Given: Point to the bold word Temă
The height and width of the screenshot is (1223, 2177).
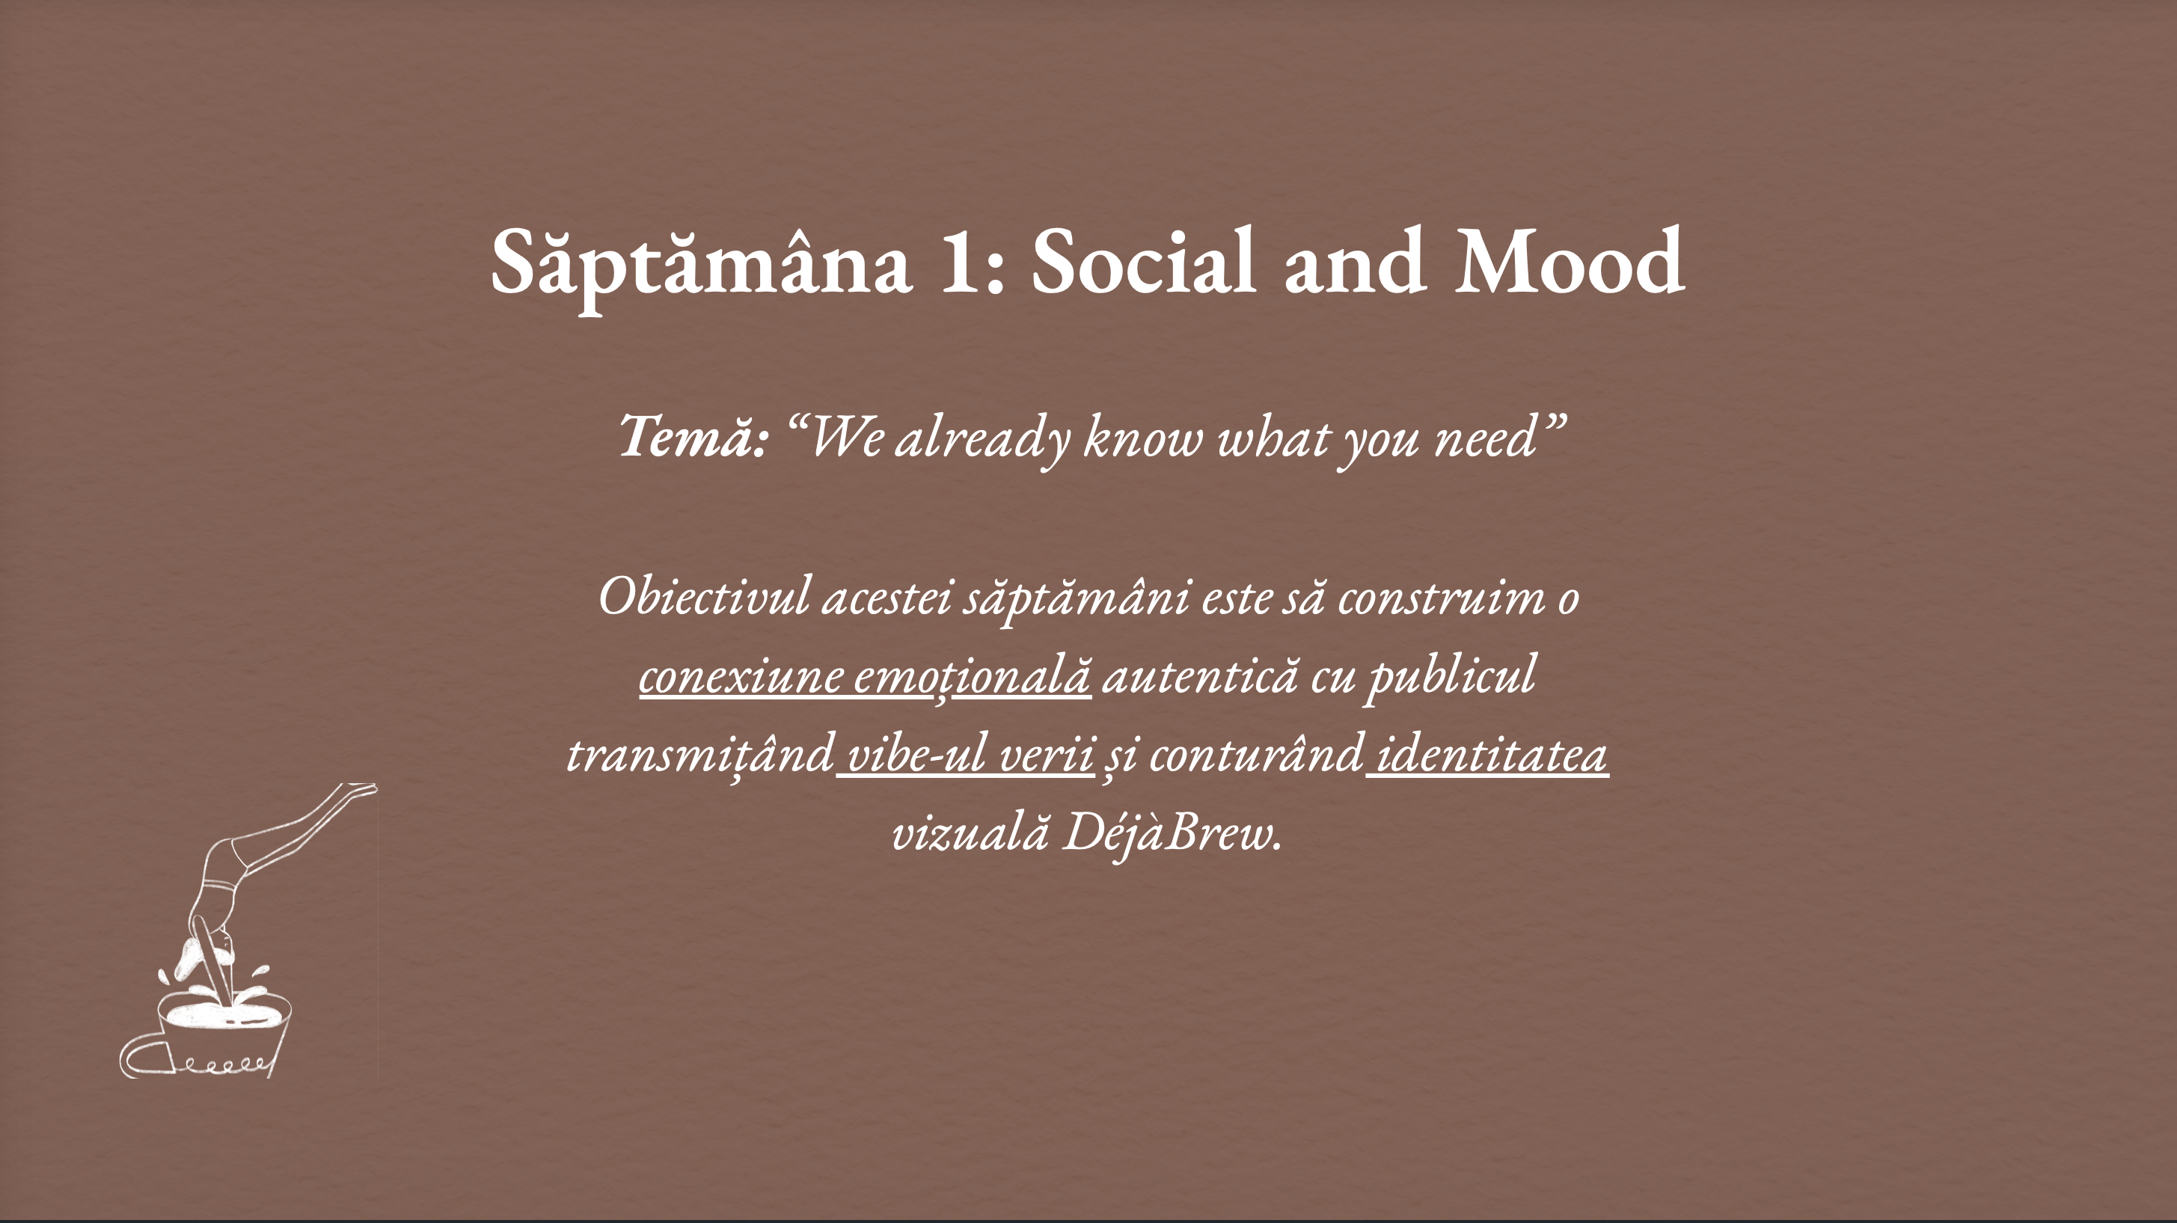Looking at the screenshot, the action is (693, 437).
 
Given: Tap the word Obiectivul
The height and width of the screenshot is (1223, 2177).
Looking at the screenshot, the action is (704, 598).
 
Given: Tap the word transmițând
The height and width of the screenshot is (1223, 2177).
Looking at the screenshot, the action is (699, 755).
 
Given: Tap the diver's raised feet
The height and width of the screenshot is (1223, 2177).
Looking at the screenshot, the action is (359, 790).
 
